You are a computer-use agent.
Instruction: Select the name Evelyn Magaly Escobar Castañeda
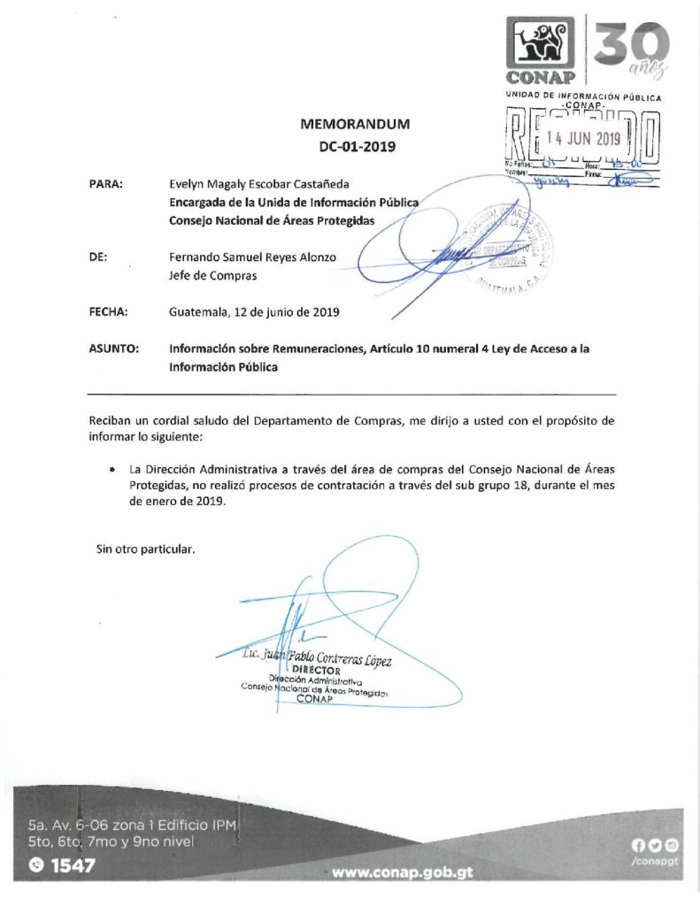pos(260,184)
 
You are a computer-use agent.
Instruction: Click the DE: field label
pos(98,257)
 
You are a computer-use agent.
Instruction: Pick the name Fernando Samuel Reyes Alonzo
pos(252,257)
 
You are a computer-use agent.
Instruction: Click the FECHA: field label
pos(110,311)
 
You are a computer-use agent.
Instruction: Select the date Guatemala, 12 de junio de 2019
pos(254,311)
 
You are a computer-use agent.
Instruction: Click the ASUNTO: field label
pos(113,349)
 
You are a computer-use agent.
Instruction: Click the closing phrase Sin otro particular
pos(145,549)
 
